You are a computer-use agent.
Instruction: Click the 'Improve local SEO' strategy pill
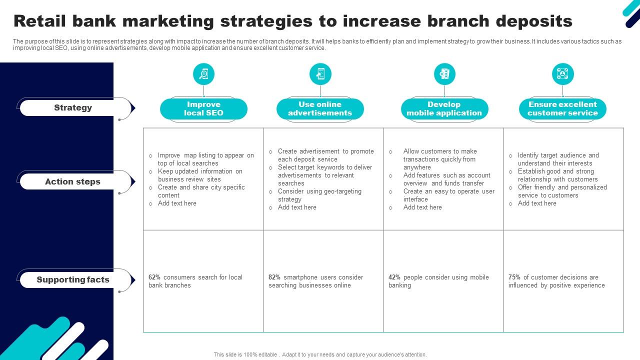[203, 109]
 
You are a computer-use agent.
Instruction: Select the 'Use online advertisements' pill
[320, 109]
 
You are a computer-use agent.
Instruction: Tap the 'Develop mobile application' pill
[444, 109]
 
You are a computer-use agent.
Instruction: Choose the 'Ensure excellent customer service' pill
[562, 109]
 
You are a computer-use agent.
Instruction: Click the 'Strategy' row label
[73, 107]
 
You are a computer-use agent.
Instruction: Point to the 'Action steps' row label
[73, 181]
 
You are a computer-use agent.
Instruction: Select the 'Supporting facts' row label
[73, 279]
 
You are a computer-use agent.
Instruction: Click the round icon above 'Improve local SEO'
[203, 74]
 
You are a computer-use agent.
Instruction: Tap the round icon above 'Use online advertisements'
[320, 74]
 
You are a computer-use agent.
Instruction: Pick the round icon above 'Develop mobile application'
[444, 74]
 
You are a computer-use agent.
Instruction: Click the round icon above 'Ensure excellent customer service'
[562, 74]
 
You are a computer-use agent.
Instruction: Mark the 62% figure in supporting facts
[154, 277]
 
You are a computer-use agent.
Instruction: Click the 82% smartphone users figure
[274, 277]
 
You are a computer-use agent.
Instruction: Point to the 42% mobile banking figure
[394, 277]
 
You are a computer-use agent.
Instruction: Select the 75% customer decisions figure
[514, 277]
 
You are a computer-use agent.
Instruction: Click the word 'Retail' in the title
[39, 21]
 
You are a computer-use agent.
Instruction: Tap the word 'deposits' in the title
[534, 21]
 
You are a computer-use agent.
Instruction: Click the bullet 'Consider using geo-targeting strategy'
[319, 195]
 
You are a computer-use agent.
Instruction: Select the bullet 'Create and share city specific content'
[201, 191]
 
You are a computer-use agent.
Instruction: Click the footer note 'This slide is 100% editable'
[245, 354]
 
